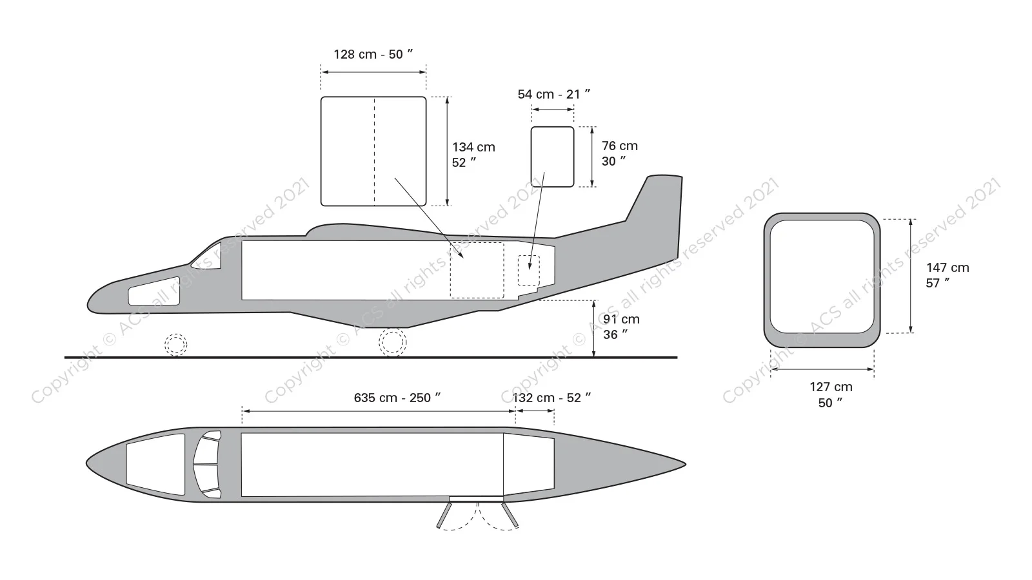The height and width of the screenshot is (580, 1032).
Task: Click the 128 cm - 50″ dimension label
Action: pos(373,54)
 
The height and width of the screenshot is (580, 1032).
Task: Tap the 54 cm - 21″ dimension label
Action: pos(554,94)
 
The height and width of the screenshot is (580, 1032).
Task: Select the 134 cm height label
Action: pos(473,155)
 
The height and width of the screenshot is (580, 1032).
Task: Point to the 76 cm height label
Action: pos(620,153)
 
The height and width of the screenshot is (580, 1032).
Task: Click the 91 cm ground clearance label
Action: pos(621,327)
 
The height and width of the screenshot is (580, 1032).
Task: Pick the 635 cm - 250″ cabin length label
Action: pos(397,398)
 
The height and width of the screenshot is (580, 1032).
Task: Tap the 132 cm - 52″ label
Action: pos(552,398)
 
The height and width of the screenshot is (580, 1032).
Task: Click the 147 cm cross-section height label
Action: pos(948,275)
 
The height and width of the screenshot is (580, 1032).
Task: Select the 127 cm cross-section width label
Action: pos(831,394)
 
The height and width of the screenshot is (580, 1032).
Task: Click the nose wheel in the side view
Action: pos(176,344)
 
